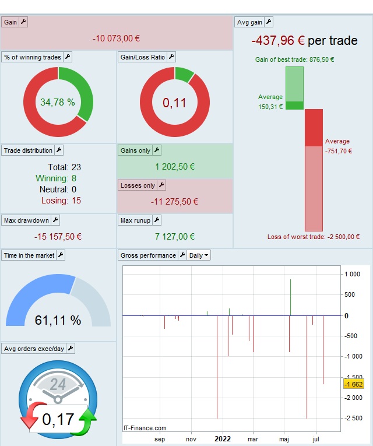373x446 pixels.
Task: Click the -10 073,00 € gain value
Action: pos(117,38)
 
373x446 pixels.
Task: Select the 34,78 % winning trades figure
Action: pos(58,102)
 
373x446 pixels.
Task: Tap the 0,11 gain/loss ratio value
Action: pos(174,103)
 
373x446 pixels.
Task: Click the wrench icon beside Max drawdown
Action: pos(55,220)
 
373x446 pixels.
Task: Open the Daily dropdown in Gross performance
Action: pos(199,255)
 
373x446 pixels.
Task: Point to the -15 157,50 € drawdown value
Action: pos(58,237)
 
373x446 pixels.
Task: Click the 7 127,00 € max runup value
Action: pos(175,237)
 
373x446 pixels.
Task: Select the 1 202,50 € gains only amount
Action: pos(175,167)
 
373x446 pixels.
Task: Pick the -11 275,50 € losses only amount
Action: pos(175,202)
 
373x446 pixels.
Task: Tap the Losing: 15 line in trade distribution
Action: pos(61,201)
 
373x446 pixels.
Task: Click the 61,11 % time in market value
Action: pos(58,320)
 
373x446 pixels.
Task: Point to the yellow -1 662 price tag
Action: pos(354,384)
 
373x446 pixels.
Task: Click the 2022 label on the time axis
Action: pos(222,440)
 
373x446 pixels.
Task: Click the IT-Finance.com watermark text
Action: pos(145,428)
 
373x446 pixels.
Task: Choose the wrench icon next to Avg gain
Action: pos(269,22)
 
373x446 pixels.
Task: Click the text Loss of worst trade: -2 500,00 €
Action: pos(314,237)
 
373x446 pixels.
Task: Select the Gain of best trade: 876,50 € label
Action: pos(294,59)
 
